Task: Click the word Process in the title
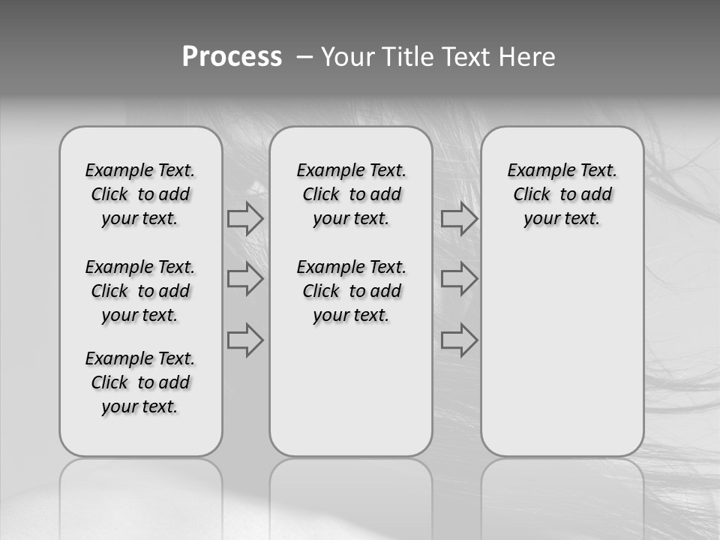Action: (232, 57)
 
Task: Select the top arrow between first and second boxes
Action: (245, 219)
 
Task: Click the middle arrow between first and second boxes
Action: (245, 279)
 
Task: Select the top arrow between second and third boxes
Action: (459, 219)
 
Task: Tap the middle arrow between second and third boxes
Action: (459, 279)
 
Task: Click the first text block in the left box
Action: (140, 195)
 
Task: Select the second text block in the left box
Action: (140, 291)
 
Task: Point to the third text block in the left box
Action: (140, 382)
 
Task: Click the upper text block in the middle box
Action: (351, 195)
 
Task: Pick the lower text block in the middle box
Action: (351, 291)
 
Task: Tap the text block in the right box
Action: (562, 195)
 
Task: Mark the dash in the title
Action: (305, 57)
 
